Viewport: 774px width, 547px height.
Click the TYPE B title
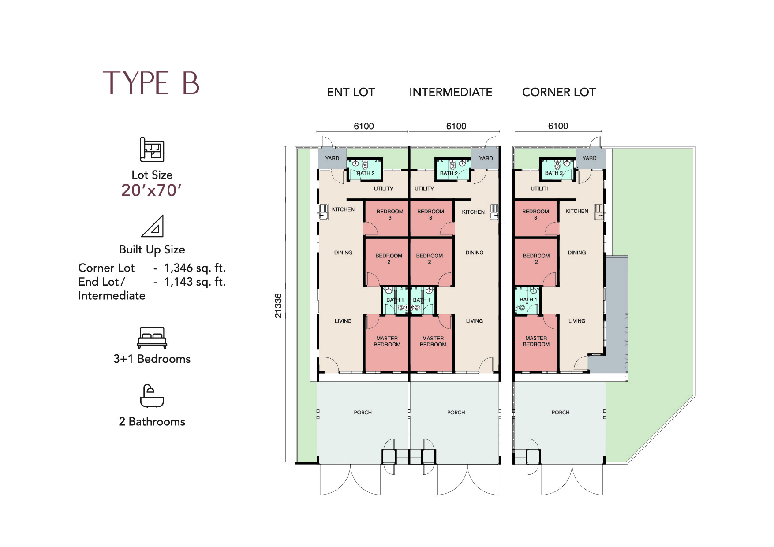tap(151, 83)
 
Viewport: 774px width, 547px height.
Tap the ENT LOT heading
tap(351, 92)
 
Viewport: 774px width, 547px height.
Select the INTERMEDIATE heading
tap(451, 92)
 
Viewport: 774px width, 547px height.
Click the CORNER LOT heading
tap(559, 92)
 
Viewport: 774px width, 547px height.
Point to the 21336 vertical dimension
tap(278, 305)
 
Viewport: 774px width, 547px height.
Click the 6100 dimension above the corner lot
tap(558, 126)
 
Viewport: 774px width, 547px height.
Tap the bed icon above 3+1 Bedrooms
tap(152, 338)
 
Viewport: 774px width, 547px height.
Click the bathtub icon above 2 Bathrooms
tap(152, 396)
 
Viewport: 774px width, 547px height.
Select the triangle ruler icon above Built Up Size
tap(153, 226)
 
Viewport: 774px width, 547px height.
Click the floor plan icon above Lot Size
tap(152, 149)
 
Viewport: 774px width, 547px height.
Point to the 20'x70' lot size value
tap(151, 190)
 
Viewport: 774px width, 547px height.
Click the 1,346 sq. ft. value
tap(195, 268)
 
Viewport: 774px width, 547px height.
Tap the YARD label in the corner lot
tap(589, 158)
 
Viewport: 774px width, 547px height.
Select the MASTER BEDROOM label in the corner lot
tap(536, 341)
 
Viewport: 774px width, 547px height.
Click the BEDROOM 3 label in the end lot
tap(390, 215)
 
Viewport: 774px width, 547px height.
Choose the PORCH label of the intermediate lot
tap(456, 413)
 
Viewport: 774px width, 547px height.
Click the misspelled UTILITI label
tap(539, 189)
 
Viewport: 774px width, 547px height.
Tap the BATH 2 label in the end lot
tap(366, 173)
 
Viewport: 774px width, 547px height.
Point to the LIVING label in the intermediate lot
tap(475, 321)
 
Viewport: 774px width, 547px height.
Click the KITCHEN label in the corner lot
tap(577, 211)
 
